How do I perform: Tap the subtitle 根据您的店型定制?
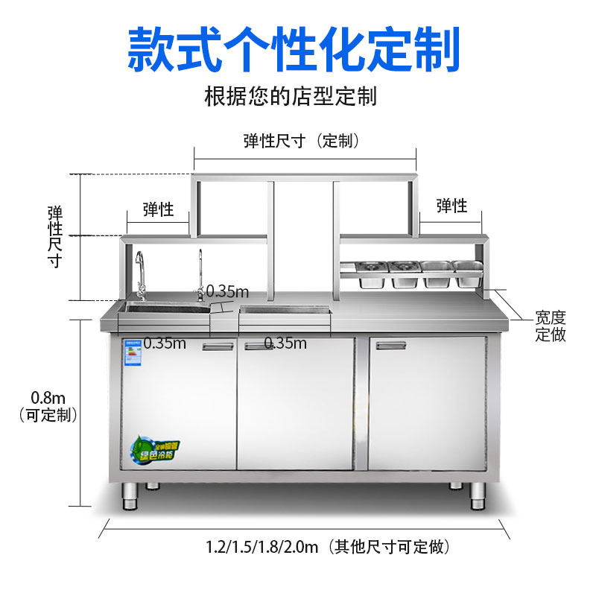point(291,96)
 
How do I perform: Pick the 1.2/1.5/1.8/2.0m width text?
point(328,548)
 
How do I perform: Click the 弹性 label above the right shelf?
point(451,206)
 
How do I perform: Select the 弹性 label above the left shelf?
point(158,209)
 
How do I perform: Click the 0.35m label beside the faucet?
point(227,291)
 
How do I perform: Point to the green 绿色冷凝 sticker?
point(156,449)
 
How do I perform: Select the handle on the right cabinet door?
point(391,345)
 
